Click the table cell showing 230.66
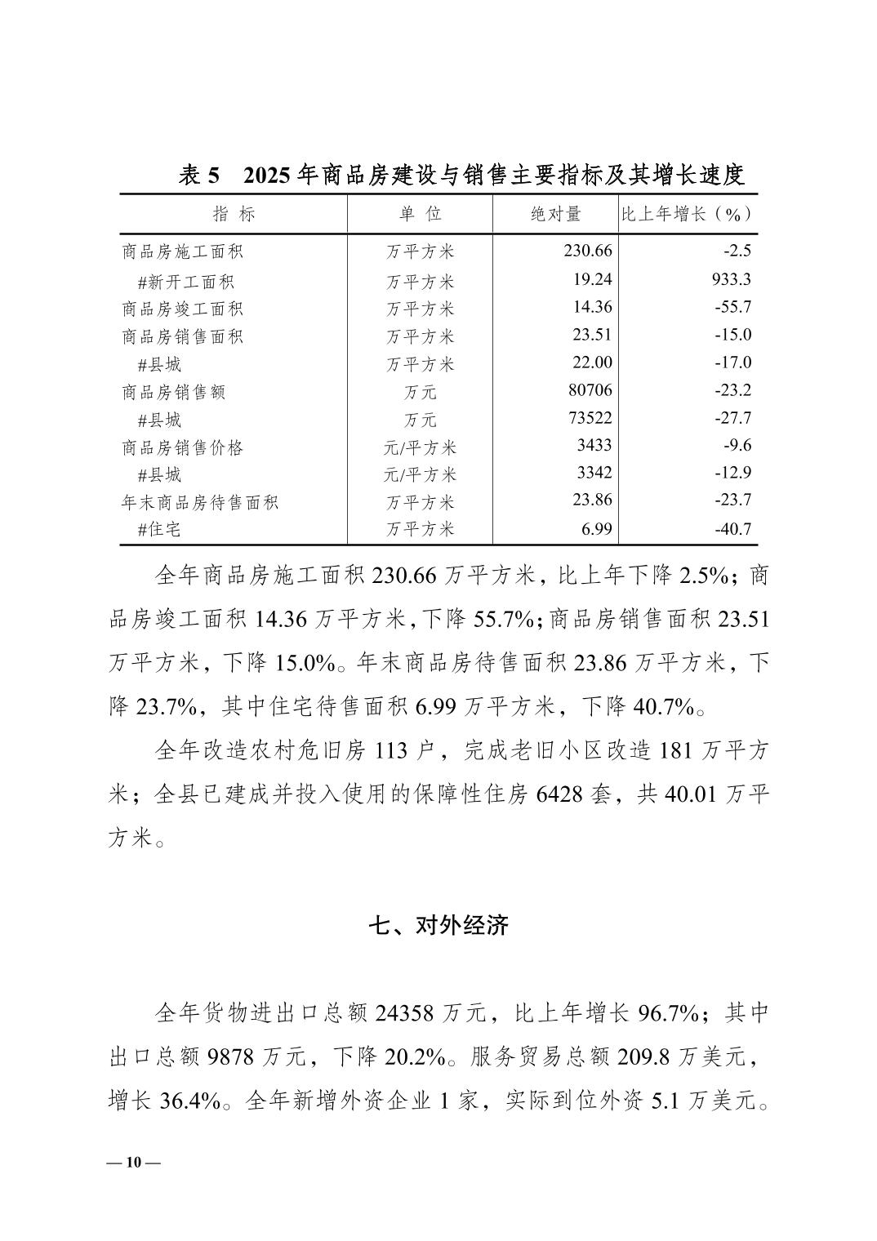(587, 251)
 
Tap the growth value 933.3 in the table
(731, 279)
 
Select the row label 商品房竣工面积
(182, 309)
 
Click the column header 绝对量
(556, 214)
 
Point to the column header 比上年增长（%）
(687, 214)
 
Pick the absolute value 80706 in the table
(590, 390)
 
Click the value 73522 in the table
(590, 418)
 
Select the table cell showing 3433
(594, 446)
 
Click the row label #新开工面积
(186, 282)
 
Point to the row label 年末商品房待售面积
(200, 502)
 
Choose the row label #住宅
(159, 529)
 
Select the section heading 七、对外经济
(438, 925)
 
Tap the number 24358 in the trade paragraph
(406, 1013)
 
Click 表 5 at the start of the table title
(199, 175)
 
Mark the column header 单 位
(420, 214)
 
